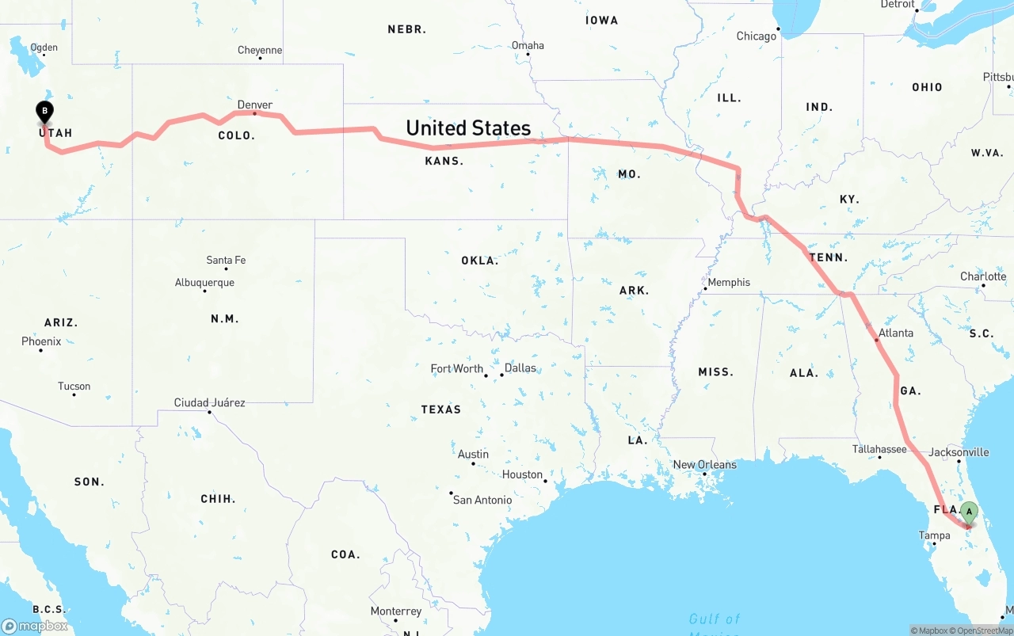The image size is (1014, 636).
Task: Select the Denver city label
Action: (x=254, y=105)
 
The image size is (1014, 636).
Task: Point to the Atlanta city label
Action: (x=896, y=333)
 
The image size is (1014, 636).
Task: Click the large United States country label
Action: (x=468, y=128)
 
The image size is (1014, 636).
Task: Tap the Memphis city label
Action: (x=729, y=282)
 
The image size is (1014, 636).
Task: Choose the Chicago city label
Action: (x=757, y=36)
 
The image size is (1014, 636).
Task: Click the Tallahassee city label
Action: (x=879, y=449)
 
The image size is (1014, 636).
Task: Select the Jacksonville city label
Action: (x=959, y=452)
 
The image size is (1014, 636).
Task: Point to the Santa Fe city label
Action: (x=226, y=260)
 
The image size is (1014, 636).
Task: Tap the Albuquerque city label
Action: (x=204, y=282)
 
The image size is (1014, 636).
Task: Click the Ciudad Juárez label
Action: (x=209, y=402)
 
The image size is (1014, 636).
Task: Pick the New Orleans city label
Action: (x=704, y=464)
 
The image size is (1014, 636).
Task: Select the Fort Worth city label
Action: (x=456, y=368)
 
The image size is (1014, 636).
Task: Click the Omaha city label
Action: (x=528, y=45)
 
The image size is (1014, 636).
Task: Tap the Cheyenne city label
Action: (x=260, y=50)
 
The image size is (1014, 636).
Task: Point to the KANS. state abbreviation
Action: (x=444, y=161)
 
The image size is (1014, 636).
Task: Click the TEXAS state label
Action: (x=441, y=409)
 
